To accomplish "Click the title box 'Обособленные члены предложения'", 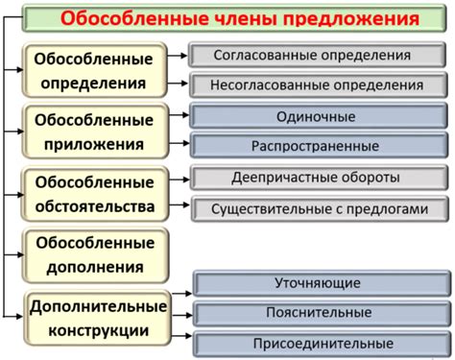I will pyautogui.click(x=240, y=18).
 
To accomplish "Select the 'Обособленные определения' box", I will pyautogui.click(x=94, y=71).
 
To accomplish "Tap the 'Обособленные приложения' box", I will pyautogui.click(x=94, y=132).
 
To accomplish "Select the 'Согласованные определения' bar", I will pyautogui.click(x=320, y=56).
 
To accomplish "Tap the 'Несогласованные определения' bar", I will pyautogui.click(x=320, y=84).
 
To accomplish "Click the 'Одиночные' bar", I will pyautogui.click(x=320, y=117).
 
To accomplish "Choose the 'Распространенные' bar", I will pyautogui.click(x=320, y=146).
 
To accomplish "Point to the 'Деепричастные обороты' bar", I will pyautogui.click(x=320, y=179).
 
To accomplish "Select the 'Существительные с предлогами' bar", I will pyautogui.click(x=320, y=207).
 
